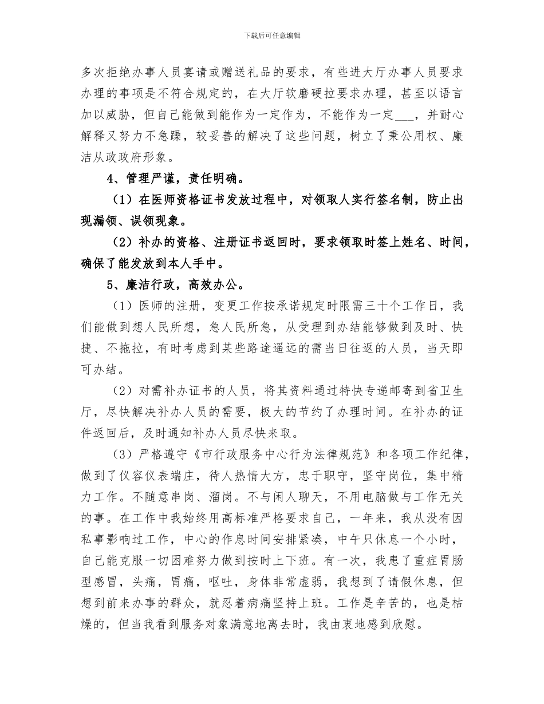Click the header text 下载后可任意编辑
pyautogui.click(x=272, y=35)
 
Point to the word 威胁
pyautogui.click(x=117, y=114)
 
